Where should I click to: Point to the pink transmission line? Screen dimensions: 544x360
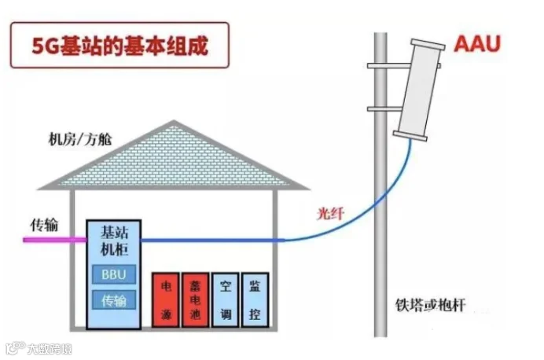click(54, 239)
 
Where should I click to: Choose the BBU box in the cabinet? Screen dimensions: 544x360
click(114, 274)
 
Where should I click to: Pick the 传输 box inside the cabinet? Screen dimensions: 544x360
click(114, 300)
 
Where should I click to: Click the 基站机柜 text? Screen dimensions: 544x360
click(114, 241)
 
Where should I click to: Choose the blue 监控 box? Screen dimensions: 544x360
click(255, 299)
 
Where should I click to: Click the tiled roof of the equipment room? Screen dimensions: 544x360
click(173, 157)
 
